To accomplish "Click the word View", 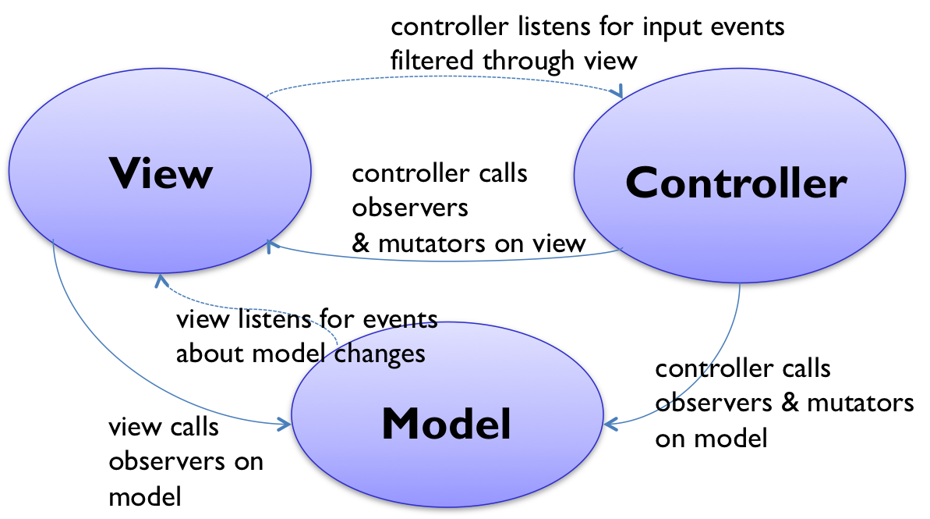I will click(x=161, y=173).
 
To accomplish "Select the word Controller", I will click(x=736, y=183).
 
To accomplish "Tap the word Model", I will click(x=446, y=424).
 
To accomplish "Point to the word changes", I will click(x=380, y=354).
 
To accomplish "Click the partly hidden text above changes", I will click(x=421, y=323).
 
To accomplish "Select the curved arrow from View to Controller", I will click(x=444, y=77).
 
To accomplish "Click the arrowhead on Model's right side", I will click(x=610, y=424).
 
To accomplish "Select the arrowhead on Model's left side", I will click(x=285, y=423).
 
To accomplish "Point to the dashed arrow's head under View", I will click(x=161, y=279).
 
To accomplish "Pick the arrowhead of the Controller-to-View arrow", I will click(x=272, y=246).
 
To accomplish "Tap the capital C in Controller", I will click(x=642, y=183).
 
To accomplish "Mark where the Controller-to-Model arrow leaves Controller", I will click(x=740, y=286).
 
